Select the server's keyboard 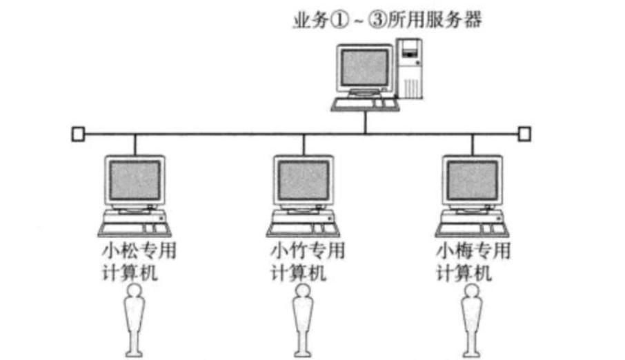click(x=364, y=104)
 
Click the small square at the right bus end click(x=524, y=133)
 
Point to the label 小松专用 click(x=137, y=249)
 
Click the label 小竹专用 click(x=306, y=249)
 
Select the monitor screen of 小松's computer click(x=135, y=179)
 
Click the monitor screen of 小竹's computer click(x=304, y=179)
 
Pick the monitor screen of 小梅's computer click(x=472, y=179)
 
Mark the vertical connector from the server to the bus click(x=366, y=122)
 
